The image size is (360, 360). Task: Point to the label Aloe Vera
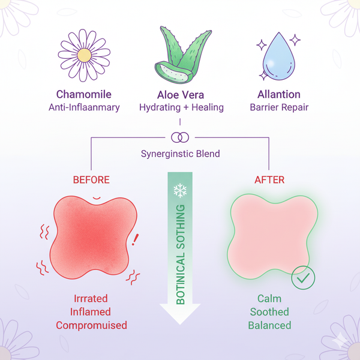(x=181, y=95)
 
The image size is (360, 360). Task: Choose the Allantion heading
(x=279, y=95)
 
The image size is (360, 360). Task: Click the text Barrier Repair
(x=279, y=107)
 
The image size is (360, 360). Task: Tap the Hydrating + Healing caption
(x=181, y=107)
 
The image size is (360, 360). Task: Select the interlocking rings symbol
(x=180, y=137)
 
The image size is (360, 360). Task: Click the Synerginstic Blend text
(x=180, y=154)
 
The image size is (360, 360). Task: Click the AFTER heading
(x=270, y=179)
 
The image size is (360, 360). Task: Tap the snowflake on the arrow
(x=180, y=191)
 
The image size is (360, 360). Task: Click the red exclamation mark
(x=135, y=240)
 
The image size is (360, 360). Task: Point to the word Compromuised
(x=92, y=325)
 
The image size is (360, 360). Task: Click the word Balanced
(x=269, y=325)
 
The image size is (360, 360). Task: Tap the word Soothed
(x=269, y=312)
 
